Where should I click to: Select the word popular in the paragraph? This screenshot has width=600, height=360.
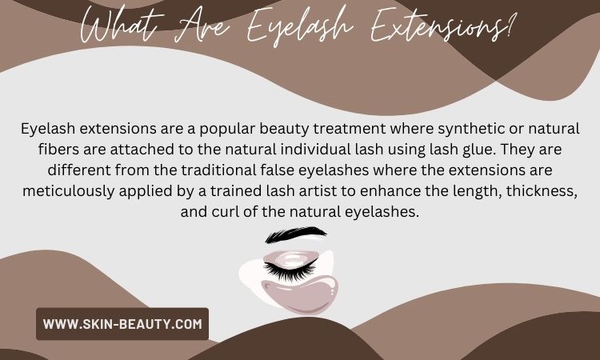pos(227,130)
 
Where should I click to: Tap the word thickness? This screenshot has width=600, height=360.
pos(542,190)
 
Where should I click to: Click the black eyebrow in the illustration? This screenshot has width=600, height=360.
pos(295,234)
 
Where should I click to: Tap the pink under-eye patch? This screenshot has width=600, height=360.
pos(300,294)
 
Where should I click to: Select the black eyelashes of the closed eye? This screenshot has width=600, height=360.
pos(290,270)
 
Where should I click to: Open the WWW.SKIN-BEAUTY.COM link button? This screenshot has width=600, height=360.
pos(122,324)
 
